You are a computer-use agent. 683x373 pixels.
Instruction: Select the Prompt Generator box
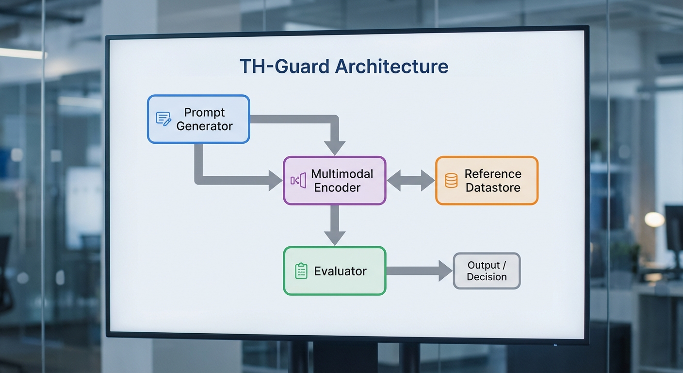[198, 119]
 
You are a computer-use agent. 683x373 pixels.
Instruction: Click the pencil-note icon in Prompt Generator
[163, 119]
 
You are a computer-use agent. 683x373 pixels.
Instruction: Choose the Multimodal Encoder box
[334, 180]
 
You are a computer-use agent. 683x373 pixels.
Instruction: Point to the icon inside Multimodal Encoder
[298, 181]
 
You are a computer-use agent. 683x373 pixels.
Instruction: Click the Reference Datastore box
[487, 181]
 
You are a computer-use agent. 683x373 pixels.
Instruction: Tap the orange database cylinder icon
[451, 181]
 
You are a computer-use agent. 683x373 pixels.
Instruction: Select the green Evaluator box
[334, 271]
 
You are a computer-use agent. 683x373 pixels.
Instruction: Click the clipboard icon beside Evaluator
[301, 271]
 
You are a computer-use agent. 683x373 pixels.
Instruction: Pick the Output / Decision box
[487, 271]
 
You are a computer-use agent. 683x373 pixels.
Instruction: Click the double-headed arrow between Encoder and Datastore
[410, 181]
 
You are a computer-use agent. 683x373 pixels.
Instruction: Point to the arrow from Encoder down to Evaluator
[334, 224]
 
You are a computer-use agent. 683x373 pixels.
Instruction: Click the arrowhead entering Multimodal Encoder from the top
[334, 147]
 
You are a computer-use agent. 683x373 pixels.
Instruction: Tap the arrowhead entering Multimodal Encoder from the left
[275, 180]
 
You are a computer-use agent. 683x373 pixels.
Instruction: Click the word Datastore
[493, 188]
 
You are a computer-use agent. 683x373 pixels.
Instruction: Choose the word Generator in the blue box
[204, 126]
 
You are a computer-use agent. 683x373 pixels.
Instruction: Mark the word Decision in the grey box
[487, 277]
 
